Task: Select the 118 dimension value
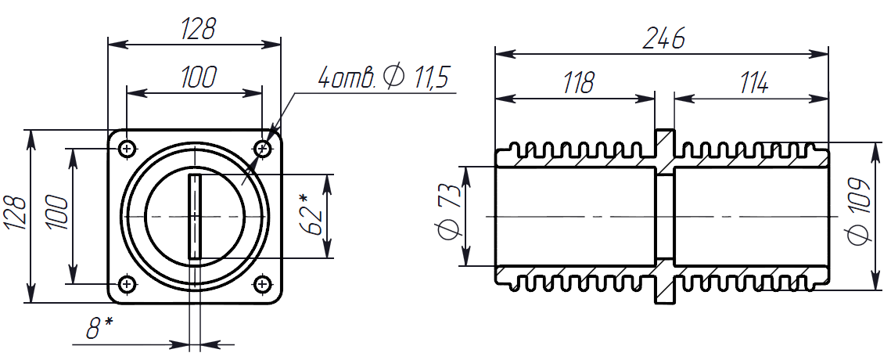(578, 82)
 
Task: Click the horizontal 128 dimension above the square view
(198, 30)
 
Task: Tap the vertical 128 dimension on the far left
(16, 214)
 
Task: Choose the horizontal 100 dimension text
(198, 78)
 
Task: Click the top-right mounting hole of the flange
(262, 147)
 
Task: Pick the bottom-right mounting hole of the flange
(262, 283)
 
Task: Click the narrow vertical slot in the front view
(195, 216)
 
